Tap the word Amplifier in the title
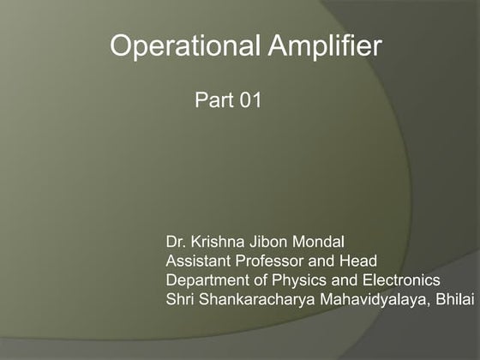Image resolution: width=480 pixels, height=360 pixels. click(325, 47)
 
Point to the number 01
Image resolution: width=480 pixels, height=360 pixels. click(247, 101)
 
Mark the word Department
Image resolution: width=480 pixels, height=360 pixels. click(206, 280)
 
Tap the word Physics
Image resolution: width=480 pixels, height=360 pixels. click(295, 280)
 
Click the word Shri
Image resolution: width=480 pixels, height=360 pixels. click(180, 299)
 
